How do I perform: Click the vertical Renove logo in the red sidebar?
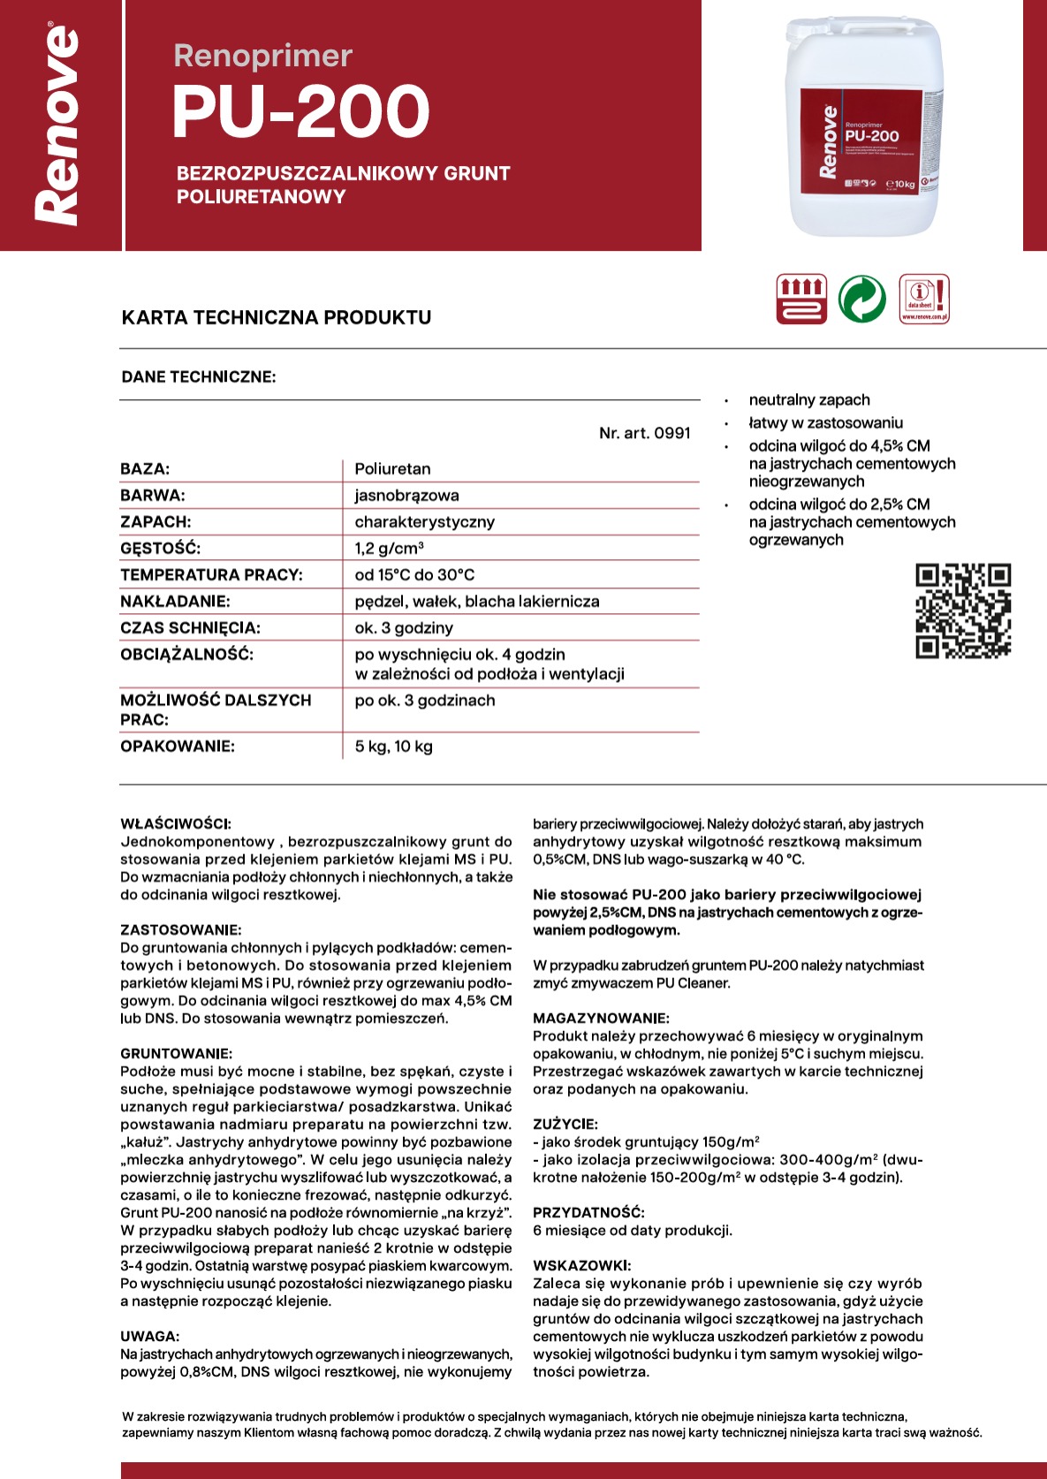[57, 125]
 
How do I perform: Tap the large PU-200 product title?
[300, 112]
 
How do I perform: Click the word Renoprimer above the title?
[262, 56]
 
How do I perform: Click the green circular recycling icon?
[861, 299]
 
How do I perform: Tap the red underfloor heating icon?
[801, 299]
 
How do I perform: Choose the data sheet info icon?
[924, 299]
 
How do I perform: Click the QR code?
[963, 611]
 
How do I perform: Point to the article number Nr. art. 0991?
[644, 433]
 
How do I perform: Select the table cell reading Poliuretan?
[392, 469]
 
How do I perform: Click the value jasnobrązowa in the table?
[406, 496]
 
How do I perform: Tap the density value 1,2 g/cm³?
[389, 549]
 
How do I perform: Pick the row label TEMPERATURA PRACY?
[211, 575]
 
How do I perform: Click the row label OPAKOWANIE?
[178, 747]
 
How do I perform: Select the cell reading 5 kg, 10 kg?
[393, 747]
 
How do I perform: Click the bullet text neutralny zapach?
[808, 400]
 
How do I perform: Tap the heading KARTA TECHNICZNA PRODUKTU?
[277, 317]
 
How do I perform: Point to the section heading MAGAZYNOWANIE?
[601, 1019]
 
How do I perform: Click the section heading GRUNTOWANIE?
[176, 1054]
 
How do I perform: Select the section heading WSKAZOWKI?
[581, 1266]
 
